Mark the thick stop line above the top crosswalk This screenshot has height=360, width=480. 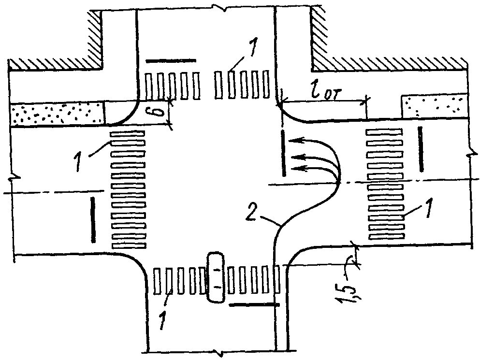[171, 61]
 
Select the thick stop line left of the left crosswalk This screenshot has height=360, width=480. [92, 218]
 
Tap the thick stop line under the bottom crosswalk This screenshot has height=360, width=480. [253, 305]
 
